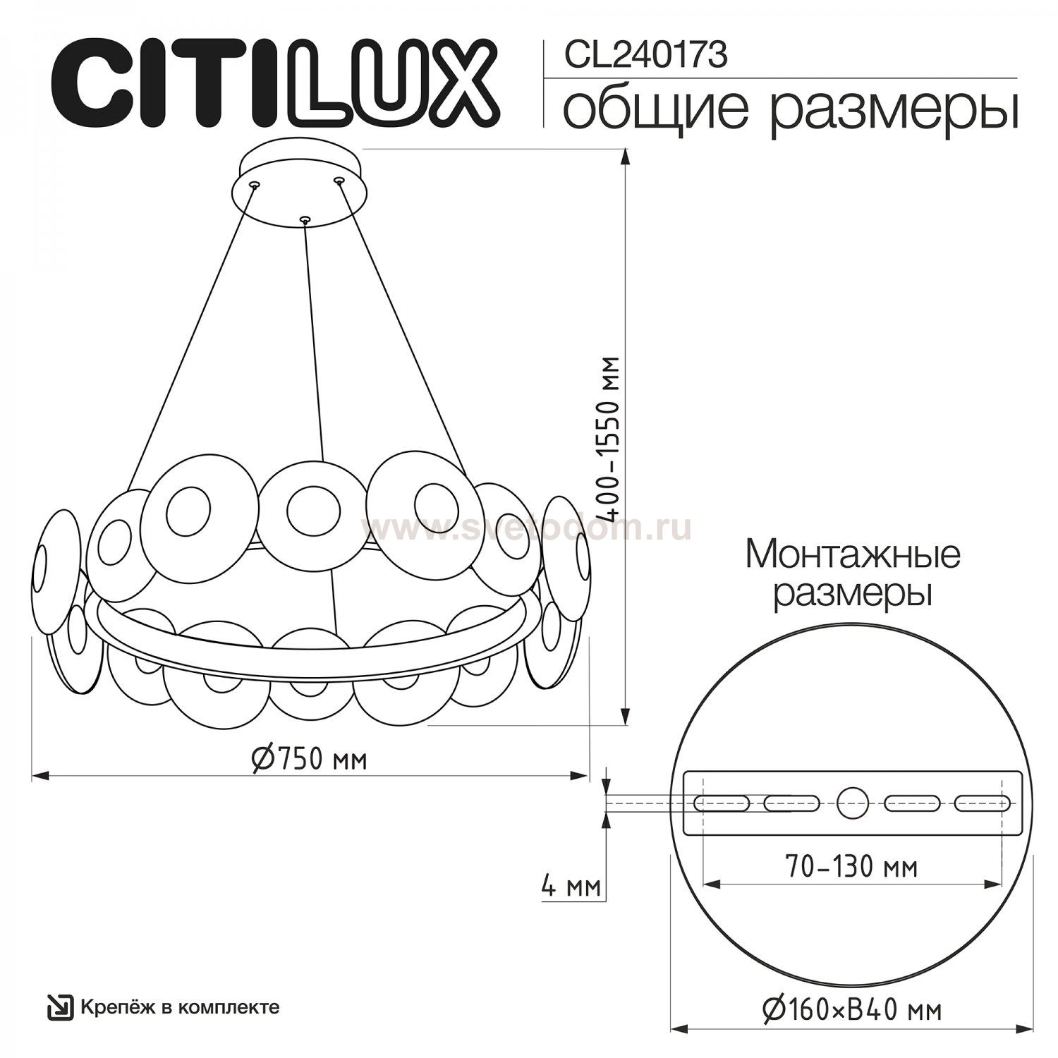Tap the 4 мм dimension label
[x=571, y=885]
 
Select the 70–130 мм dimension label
[x=852, y=865]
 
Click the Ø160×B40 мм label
[x=852, y=1011]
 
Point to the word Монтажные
[x=853, y=555]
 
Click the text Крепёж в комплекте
[x=180, y=1007]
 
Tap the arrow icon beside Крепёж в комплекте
[x=60, y=1007]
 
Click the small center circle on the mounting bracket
[x=852, y=803]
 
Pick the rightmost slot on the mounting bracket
[x=981, y=803]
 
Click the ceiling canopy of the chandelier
[x=300, y=184]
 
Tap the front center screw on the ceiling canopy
[x=305, y=220]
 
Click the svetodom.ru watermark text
[x=525, y=528]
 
